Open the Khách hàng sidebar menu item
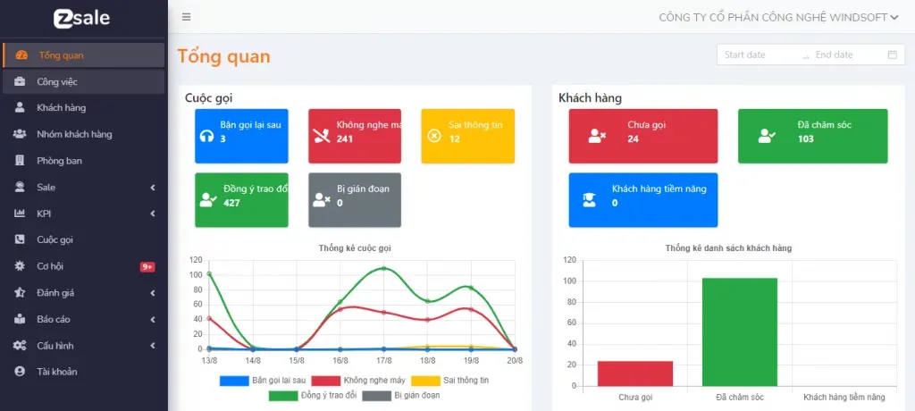click(61, 108)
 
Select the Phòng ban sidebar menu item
click(59, 161)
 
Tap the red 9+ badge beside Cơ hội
click(147, 266)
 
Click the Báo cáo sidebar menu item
click(53, 319)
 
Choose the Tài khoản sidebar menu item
click(56, 372)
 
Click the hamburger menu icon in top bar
click(186, 17)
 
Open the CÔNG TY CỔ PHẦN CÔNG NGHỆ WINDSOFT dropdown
click(778, 17)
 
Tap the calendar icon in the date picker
click(892, 55)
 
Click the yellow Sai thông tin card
click(467, 136)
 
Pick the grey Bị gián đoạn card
click(354, 199)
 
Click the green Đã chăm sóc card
click(812, 136)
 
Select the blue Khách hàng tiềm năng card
click(642, 199)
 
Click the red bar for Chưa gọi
click(634, 373)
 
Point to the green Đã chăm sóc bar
click(739, 331)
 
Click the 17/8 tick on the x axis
click(383, 360)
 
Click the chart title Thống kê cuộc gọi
click(355, 247)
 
